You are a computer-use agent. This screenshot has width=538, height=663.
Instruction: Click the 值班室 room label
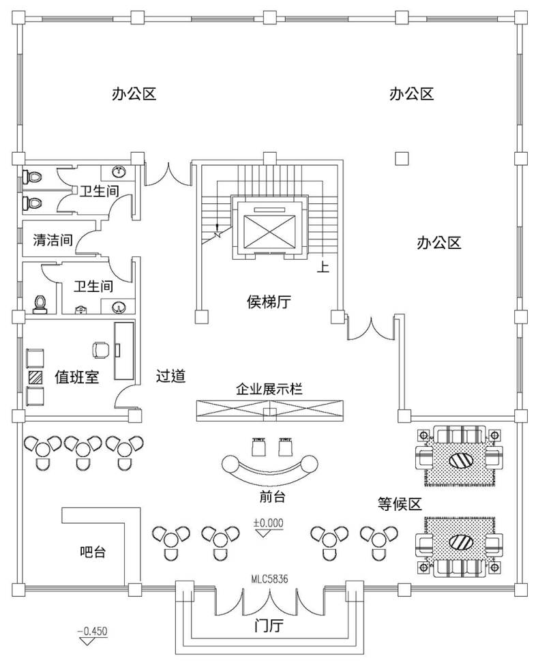[x=76, y=377]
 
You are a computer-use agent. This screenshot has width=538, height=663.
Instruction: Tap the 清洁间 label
[x=53, y=239]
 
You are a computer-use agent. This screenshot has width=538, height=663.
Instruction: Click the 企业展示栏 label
[x=269, y=389]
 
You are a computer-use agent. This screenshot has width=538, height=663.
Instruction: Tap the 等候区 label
[x=400, y=504]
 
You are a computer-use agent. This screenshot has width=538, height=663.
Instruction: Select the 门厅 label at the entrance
[x=268, y=626]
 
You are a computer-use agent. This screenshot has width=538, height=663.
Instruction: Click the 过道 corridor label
[x=171, y=376]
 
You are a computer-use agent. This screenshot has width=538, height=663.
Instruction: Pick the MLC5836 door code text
[x=269, y=578]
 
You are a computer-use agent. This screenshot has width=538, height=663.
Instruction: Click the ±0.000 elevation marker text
[x=268, y=523]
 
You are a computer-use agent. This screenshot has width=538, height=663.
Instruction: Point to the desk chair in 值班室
[x=100, y=349]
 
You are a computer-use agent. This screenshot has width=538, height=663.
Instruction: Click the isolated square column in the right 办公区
[x=402, y=158]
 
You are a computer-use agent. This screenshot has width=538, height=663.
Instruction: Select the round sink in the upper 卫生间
[x=120, y=171]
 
